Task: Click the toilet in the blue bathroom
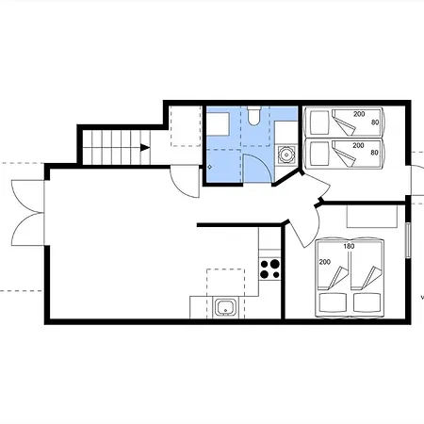point(254,115)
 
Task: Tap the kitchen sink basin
point(225,307)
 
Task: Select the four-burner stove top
point(269,269)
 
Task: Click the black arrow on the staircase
point(145,147)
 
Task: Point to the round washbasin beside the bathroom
point(286,155)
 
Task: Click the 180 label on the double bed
point(349,246)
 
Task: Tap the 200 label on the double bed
point(325,262)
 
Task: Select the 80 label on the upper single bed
point(375,122)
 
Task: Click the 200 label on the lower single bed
point(358,145)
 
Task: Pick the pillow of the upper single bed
point(319,122)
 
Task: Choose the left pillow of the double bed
point(333,302)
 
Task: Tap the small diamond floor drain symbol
point(210,168)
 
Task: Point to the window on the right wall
point(408,240)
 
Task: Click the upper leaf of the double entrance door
point(27,195)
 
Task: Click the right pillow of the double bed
point(367,302)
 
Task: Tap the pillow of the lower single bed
point(319,153)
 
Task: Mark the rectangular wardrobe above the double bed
point(372,217)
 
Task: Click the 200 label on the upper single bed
point(359,114)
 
